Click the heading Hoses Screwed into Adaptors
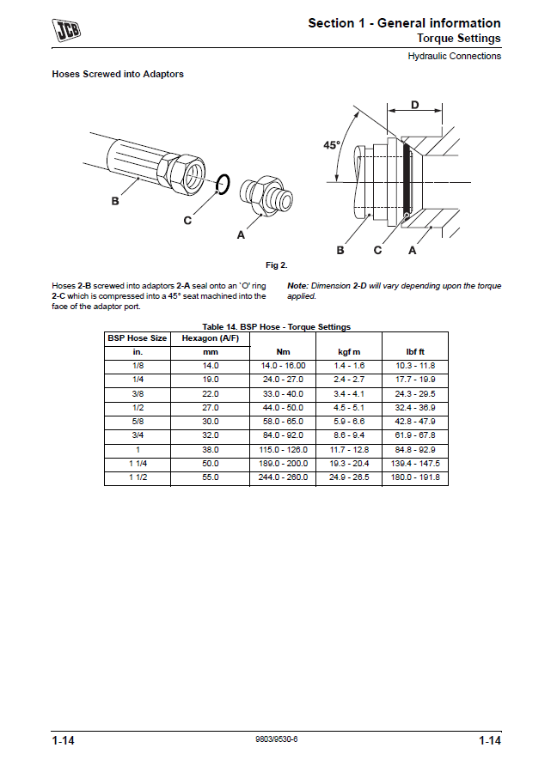click(118, 74)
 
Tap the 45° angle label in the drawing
click(332, 145)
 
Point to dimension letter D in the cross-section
click(414, 105)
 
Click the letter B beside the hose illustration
click(114, 201)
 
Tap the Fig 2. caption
click(276, 264)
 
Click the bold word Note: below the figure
click(297, 286)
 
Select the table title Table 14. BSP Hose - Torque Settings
click(276, 327)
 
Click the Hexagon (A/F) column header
click(211, 338)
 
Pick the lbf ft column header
click(416, 352)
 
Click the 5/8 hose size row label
click(137, 422)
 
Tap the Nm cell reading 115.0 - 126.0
click(284, 449)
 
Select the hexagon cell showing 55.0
click(211, 477)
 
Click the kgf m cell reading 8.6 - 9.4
click(348, 435)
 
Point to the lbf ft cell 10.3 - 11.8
click(416, 366)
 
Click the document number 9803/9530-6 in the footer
click(277, 739)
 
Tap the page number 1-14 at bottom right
click(490, 740)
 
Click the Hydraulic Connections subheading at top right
click(454, 57)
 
